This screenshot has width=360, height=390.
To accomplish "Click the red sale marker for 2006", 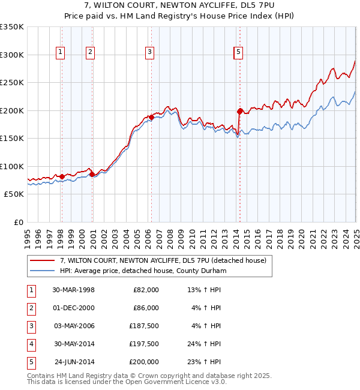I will point(151,118).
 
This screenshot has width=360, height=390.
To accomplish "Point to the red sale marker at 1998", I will point(62,176).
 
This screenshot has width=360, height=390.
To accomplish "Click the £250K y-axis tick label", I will point(12,83).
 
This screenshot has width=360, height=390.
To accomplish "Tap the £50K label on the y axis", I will point(14,194).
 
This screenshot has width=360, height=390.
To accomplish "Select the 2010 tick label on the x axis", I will point(191,237).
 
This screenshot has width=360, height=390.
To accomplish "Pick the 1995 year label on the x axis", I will point(28,237).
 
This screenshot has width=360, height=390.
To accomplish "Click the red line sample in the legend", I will point(43,261).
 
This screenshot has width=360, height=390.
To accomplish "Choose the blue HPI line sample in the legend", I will point(43,271).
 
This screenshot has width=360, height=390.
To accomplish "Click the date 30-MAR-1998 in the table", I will point(74,290).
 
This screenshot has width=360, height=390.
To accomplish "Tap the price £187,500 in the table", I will point(143,326).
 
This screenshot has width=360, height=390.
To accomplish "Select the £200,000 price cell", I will point(143,362).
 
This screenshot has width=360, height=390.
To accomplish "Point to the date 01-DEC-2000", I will point(74,308).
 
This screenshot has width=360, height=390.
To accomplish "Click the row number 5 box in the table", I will point(30,362).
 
